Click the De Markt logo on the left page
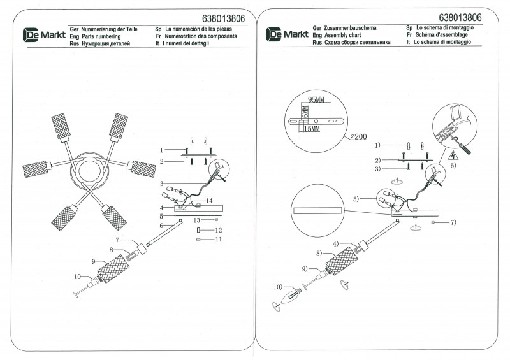tap(43, 35)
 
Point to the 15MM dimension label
tap(311, 129)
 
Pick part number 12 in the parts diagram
tap(217, 229)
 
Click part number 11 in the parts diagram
tap(217, 240)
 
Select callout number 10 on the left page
tap(78, 277)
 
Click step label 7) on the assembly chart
tap(452, 222)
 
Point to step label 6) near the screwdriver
tap(453, 165)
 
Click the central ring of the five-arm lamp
tap(91, 171)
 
